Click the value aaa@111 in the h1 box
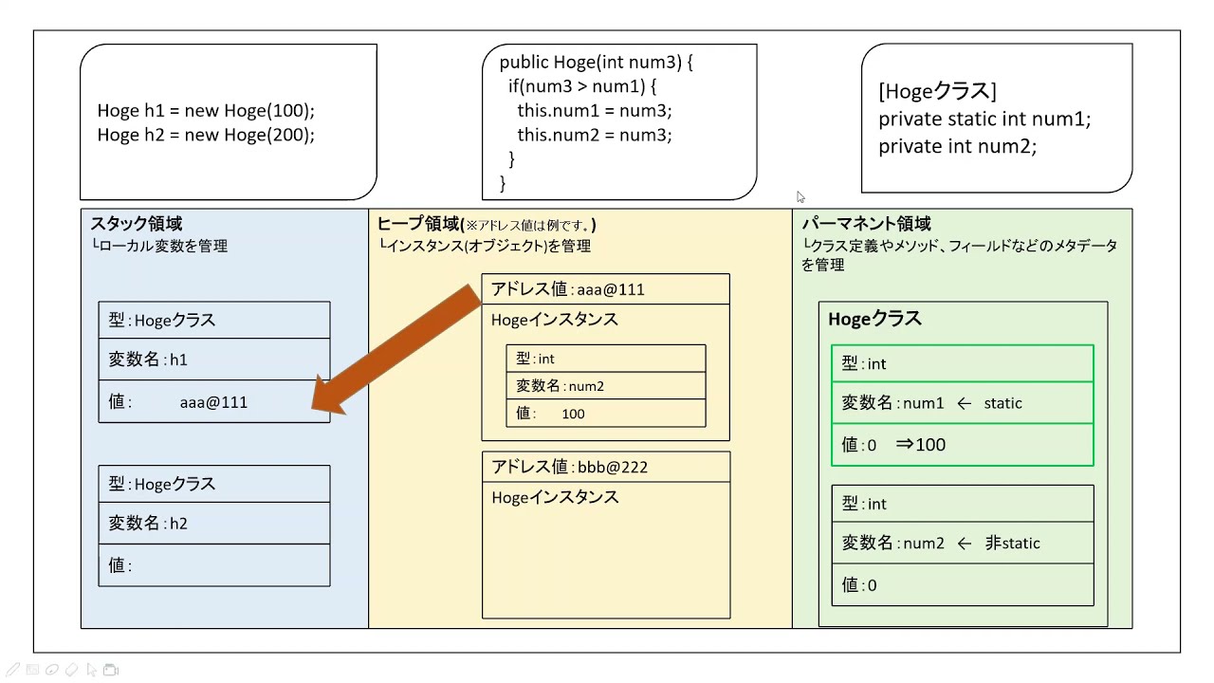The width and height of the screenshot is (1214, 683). (213, 402)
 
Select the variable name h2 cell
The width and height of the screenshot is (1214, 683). (213, 523)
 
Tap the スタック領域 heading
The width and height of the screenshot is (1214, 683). (137, 224)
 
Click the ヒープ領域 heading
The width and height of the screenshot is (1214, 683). (418, 224)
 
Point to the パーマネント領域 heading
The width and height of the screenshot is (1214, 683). (866, 224)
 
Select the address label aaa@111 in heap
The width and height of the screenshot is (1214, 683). (567, 289)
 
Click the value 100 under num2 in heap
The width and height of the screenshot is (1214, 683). (573, 414)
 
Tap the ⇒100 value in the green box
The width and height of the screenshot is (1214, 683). (920, 445)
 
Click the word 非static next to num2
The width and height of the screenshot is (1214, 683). (1012, 544)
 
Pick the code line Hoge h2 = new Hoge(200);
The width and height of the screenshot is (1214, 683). (206, 135)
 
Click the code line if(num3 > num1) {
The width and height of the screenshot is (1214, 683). (582, 87)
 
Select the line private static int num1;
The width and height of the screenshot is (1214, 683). (984, 120)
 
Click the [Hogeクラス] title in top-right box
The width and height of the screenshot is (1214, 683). (937, 91)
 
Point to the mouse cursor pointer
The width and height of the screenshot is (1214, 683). (800, 197)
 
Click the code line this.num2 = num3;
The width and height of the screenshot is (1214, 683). (594, 135)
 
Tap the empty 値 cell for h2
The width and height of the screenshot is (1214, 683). (213, 565)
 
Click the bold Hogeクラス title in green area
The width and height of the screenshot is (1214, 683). (874, 319)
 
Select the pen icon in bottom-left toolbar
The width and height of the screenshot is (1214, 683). (12, 670)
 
